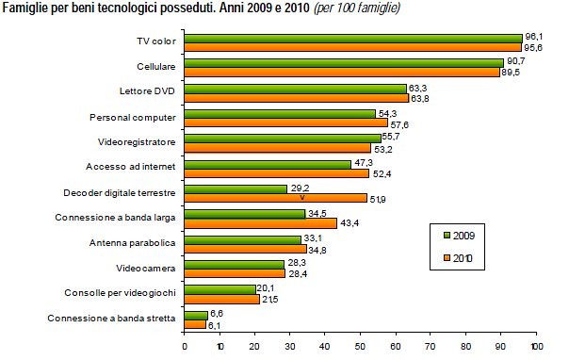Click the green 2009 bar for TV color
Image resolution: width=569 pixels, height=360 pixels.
pyautogui.click(x=353, y=39)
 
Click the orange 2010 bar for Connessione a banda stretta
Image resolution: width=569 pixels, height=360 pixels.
pyautogui.click(x=195, y=323)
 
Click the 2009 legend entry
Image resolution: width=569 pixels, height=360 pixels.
pyautogui.click(x=463, y=233)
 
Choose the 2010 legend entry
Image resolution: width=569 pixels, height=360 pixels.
pyautogui.click(x=463, y=256)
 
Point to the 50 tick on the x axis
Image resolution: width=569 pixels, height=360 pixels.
pyautogui.click(x=361, y=347)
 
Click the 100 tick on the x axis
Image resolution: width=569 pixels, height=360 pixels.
pyautogui.click(x=536, y=347)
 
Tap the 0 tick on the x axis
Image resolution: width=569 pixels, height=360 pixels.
pyautogui.click(x=185, y=347)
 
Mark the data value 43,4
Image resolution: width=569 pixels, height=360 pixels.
pyautogui.click(x=350, y=223)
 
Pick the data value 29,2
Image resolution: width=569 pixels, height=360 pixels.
pyautogui.click(x=301, y=188)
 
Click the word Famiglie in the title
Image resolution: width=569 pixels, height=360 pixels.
pyautogui.click(x=27, y=8)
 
